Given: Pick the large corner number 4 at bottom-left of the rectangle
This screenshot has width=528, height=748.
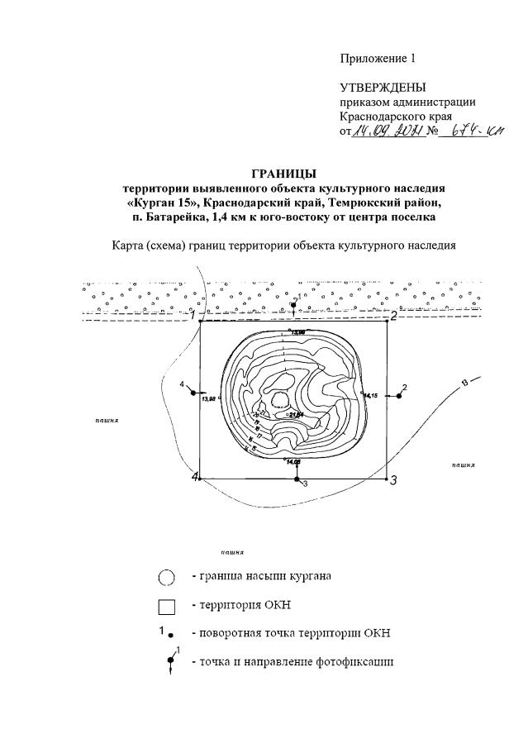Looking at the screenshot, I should [x=195, y=478].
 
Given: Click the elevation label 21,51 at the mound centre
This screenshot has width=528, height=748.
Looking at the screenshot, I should [x=297, y=415].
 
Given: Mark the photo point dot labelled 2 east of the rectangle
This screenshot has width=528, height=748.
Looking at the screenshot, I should [x=398, y=396].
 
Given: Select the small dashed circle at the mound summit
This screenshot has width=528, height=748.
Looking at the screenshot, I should [x=281, y=400].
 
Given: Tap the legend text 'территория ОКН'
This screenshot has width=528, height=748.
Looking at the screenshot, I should [x=249, y=606].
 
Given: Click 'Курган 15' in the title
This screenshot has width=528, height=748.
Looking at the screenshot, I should [x=169, y=202].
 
